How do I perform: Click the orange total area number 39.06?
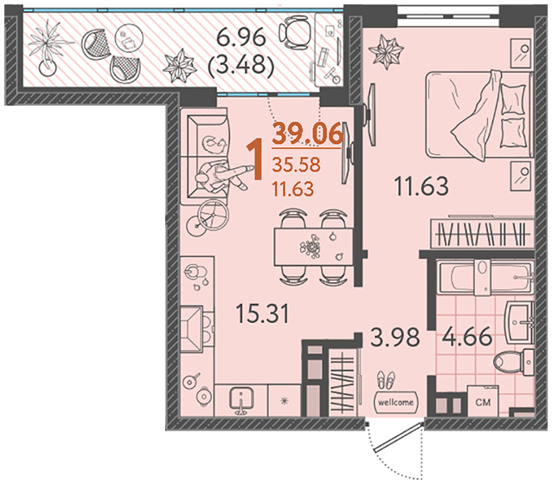(x=307, y=133)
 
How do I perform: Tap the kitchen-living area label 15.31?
(x=262, y=314)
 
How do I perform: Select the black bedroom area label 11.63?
(x=421, y=185)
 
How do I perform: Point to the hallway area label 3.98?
(x=395, y=337)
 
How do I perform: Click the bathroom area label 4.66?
(x=467, y=336)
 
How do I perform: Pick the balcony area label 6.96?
(x=241, y=37)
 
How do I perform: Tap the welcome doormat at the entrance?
(x=395, y=402)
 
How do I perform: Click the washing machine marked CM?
(x=483, y=402)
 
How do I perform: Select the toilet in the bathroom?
(x=514, y=362)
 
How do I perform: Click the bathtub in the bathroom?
(x=485, y=276)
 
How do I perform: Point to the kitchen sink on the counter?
(x=241, y=401)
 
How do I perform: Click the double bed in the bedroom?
(x=479, y=114)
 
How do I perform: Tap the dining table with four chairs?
(x=313, y=246)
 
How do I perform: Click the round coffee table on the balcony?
(x=129, y=38)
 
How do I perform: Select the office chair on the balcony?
(x=295, y=32)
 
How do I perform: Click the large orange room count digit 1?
(x=254, y=159)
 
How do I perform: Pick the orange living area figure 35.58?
(x=297, y=165)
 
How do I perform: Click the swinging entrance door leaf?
(x=398, y=437)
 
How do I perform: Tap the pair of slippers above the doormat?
(x=386, y=380)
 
